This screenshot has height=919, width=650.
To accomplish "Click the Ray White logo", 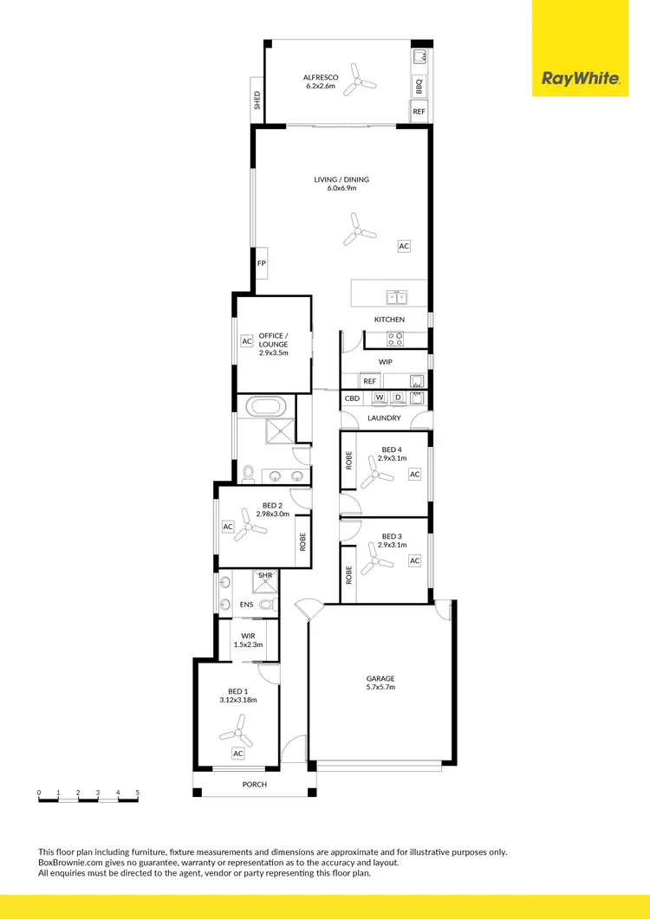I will [580, 79].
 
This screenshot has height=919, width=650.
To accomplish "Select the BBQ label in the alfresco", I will [419, 87].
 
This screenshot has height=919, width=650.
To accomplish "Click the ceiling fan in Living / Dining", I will [357, 230].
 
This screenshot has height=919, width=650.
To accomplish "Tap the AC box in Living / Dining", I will [404, 246].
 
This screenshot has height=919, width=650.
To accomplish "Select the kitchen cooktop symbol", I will [394, 339].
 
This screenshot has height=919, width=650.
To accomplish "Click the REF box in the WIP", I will [370, 381].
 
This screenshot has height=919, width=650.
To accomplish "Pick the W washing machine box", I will [380, 398].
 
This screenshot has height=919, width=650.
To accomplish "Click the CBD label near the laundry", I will [352, 398].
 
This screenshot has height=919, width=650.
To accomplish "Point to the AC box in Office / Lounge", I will [246, 341].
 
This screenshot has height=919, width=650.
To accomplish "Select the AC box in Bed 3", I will [414, 561].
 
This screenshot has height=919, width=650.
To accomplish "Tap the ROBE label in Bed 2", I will [302, 542].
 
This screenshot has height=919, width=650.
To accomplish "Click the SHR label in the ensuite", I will [263, 575].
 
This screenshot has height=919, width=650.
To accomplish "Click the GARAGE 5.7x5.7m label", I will [381, 683].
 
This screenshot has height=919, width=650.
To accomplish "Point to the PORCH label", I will [255, 785].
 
